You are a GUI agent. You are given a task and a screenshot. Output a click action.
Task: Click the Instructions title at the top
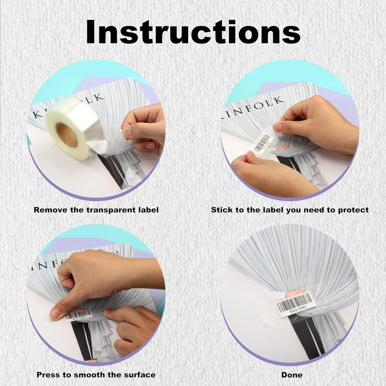[x=193, y=32]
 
